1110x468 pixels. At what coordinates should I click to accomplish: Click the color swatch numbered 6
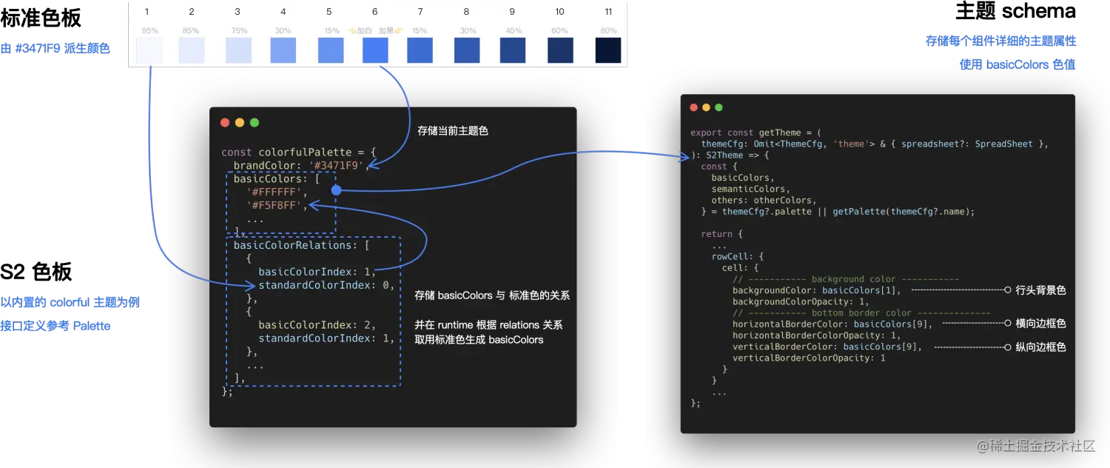click(375, 50)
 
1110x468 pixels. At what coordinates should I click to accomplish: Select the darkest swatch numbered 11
click(608, 50)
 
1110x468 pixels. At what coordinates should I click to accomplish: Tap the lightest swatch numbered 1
click(149, 50)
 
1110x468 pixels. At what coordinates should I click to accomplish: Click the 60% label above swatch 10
click(559, 31)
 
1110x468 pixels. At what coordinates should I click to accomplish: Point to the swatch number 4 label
click(283, 12)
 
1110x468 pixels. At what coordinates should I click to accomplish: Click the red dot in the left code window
click(225, 122)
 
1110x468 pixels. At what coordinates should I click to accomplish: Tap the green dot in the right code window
click(719, 107)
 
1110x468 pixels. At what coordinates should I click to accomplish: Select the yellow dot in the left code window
click(240, 122)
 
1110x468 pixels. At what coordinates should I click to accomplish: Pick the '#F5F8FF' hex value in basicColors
click(277, 205)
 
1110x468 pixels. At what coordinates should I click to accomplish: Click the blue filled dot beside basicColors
click(336, 190)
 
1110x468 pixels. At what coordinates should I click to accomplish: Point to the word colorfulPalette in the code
click(305, 152)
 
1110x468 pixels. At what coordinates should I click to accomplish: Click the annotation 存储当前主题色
click(452, 131)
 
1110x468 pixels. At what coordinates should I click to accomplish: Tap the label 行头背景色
click(1040, 290)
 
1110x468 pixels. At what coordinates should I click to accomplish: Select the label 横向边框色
click(1040, 324)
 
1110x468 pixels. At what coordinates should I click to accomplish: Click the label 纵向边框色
click(1040, 347)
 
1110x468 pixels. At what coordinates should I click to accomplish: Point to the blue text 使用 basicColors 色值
click(1017, 64)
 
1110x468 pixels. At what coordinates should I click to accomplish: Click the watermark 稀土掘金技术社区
click(1034, 444)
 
